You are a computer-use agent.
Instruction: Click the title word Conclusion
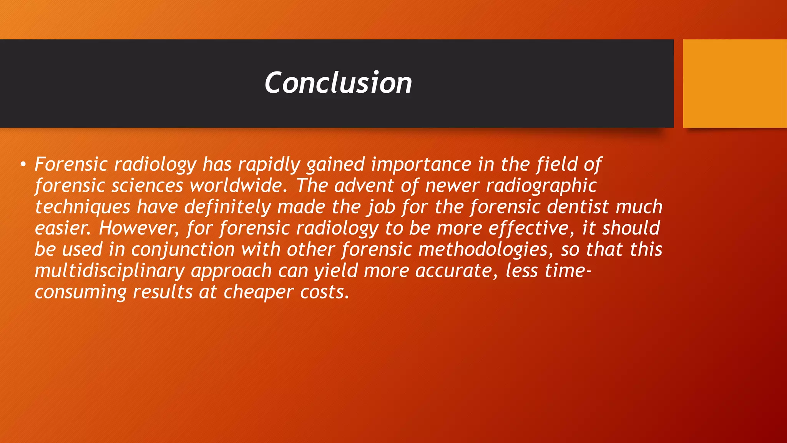[x=338, y=83]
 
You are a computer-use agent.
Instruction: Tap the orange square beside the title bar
[x=734, y=83]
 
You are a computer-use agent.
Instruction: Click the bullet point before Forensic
[x=23, y=165]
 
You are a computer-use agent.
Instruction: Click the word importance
[x=421, y=165]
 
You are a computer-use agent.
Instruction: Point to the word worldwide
[x=238, y=186]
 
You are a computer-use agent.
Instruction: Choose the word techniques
[x=83, y=207]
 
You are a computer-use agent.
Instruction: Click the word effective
[x=531, y=228]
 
